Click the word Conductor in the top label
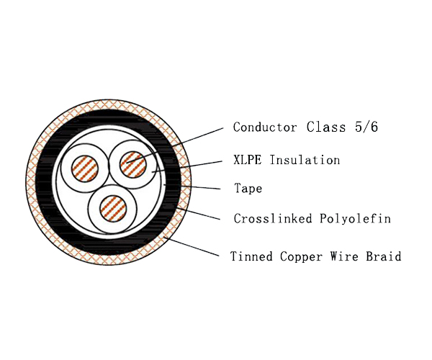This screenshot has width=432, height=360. tap(265, 127)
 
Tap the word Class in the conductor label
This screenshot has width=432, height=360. tap(326, 127)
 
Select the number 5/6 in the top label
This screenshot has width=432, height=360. tap(366, 127)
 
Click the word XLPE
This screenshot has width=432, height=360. tap(247, 160)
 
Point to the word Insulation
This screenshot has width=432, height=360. tap(305, 160)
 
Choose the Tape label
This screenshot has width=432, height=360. tap(248, 189)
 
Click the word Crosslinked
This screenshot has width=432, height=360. tap(273, 218)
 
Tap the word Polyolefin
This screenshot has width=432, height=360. tap(356, 219)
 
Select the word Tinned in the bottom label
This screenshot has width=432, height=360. tap(251, 256)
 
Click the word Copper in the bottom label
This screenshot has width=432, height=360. tap(301, 257)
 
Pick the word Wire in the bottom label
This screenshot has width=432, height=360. tap(344, 256)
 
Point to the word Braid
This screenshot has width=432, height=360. tap(384, 256)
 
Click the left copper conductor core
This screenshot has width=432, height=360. tap(85, 168)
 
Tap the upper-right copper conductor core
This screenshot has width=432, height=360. tap(133, 164)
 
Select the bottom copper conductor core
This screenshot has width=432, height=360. tap(113, 209)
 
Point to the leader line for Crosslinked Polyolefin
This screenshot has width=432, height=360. tap(198, 214)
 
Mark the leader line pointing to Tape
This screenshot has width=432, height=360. tap(192, 187)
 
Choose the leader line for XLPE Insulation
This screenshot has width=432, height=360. tap(186, 167)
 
